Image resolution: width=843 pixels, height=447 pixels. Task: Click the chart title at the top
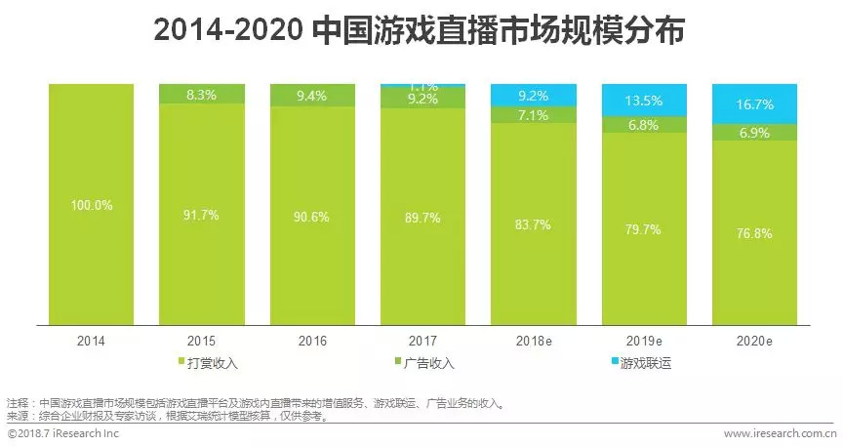click(x=421, y=32)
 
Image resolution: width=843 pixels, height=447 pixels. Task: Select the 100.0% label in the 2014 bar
click(x=91, y=205)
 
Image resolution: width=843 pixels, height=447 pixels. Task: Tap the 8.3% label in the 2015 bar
click(x=201, y=95)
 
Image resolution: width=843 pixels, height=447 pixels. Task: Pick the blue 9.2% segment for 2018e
click(x=533, y=96)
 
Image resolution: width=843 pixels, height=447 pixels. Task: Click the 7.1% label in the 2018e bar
click(x=533, y=116)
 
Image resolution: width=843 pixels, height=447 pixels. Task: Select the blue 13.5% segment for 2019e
click(x=644, y=100)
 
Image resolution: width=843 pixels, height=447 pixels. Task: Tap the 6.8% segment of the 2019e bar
click(x=644, y=125)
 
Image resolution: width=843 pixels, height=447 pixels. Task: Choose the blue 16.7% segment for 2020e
click(x=755, y=104)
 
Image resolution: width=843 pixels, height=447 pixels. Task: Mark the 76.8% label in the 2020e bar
click(x=755, y=233)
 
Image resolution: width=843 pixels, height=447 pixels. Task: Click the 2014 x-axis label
click(x=91, y=342)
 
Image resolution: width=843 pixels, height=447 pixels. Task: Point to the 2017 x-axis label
click(x=421, y=342)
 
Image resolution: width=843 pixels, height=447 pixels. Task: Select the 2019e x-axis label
click(x=644, y=342)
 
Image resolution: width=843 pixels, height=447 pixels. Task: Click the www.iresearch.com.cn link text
click(x=779, y=432)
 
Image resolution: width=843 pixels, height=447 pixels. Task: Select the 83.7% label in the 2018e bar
click(x=533, y=223)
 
